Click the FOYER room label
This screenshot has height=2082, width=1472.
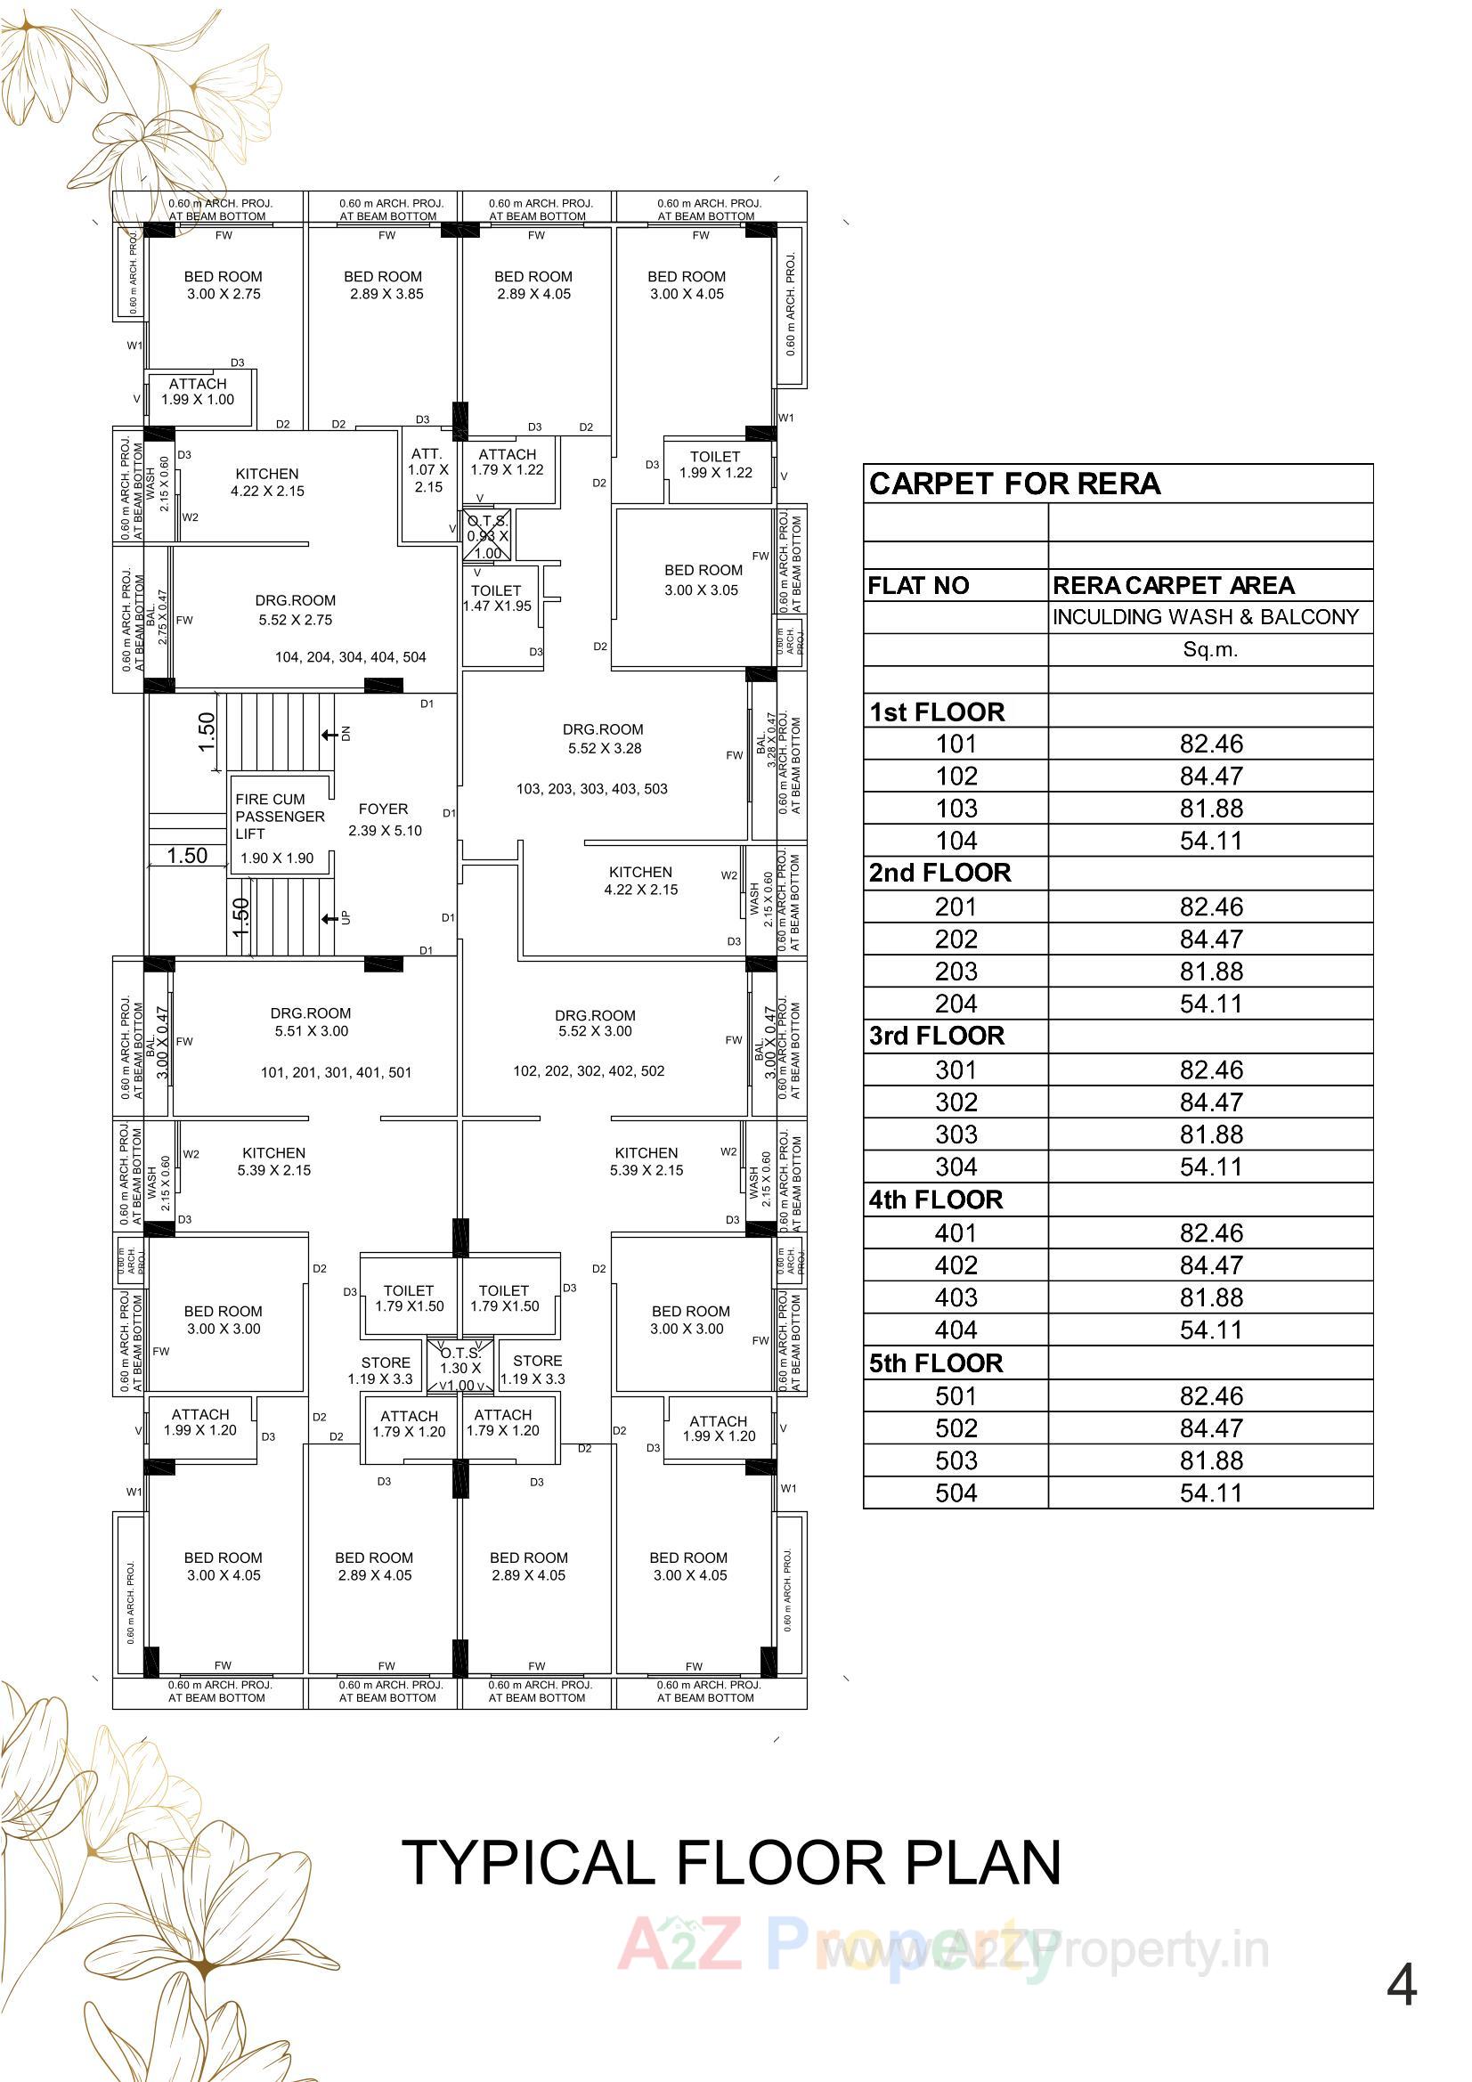click(x=385, y=820)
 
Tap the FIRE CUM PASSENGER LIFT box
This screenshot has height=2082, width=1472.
click(x=280, y=826)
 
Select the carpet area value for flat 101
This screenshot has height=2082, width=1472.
click(x=1211, y=744)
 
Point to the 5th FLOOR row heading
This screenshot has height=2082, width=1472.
click(x=936, y=1364)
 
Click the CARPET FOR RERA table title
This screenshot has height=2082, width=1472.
click(x=1015, y=484)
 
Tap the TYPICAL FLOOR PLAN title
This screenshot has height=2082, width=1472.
click(x=731, y=1865)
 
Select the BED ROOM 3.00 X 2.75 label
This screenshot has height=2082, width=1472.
click(x=224, y=286)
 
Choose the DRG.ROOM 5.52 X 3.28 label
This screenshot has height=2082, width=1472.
click(x=603, y=739)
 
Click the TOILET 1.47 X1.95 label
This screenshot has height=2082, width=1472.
click(x=497, y=598)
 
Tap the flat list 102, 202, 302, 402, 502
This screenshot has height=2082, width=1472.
click(x=589, y=1071)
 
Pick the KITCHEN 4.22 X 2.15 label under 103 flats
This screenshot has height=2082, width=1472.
click(x=641, y=881)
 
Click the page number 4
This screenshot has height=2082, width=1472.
click(x=1402, y=1987)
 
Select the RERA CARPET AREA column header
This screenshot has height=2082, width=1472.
click(x=1174, y=586)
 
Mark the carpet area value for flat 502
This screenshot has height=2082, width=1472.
click(x=1211, y=1429)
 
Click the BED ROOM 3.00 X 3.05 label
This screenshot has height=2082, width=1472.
click(x=703, y=581)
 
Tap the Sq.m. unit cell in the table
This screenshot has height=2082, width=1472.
click(x=1211, y=649)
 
